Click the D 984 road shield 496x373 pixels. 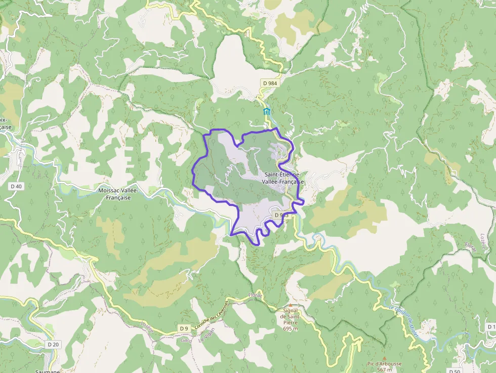point(270,83)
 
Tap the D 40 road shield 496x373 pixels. point(16,186)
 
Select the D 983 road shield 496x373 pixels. point(281,215)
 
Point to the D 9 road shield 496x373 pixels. point(184,328)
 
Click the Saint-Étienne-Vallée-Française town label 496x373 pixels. point(284,178)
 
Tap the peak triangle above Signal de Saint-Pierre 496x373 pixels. point(290,305)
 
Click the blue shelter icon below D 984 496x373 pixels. point(266,112)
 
